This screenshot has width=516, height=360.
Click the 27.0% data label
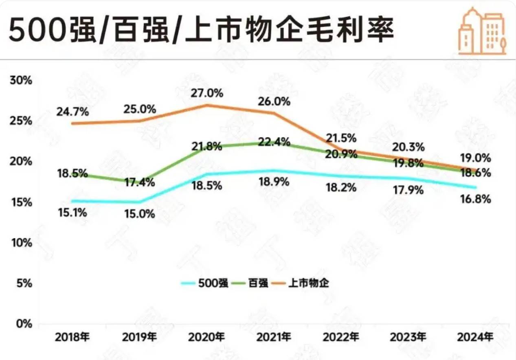coord(207,93)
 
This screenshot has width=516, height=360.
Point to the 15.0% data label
coord(140,214)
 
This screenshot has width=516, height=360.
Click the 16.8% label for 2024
coord(476,200)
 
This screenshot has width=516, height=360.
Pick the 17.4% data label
coord(140,182)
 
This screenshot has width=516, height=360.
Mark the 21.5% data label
coord(341,138)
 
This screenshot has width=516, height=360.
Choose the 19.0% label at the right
coord(476,158)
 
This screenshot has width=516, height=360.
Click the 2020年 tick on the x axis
coord(207,338)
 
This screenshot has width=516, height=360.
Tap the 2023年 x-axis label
coord(408,338)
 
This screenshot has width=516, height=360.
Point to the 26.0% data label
coord(274,101)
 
